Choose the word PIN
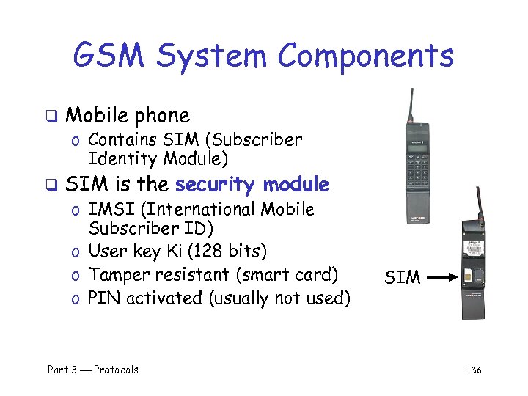[102, 298]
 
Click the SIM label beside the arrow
[403, 277]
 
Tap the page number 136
[474, 370]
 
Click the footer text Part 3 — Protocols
[93, 370]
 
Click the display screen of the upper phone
[418, 149]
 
